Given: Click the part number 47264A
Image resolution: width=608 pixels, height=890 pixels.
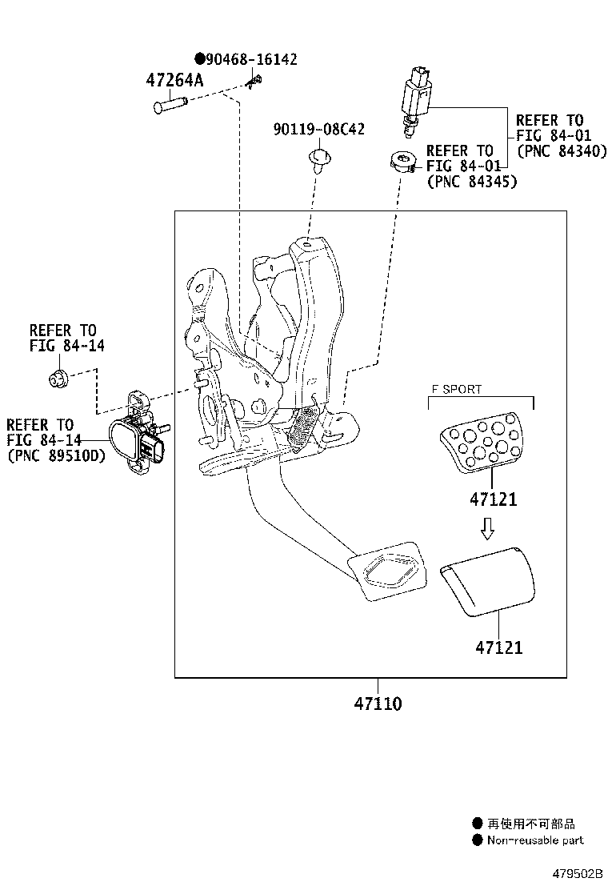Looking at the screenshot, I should tap(174, 80).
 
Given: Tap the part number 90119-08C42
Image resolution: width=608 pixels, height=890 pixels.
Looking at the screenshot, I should tap(318, 129).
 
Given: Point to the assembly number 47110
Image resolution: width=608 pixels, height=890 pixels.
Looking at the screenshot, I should tap(378, 704).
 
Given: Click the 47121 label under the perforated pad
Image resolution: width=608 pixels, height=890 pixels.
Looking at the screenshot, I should tap(493, 499).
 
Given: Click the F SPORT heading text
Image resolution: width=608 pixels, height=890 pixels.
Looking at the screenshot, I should tap(457, 390).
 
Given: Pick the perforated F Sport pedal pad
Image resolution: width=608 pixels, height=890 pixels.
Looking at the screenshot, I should tap(480, 445).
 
